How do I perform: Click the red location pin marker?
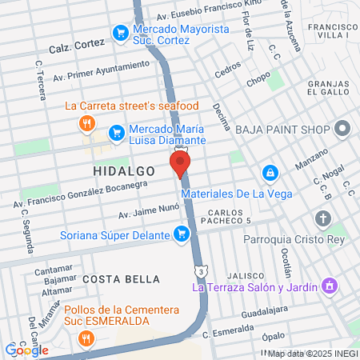click(x=180, y=164)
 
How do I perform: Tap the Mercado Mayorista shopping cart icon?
click(x=121, y=33)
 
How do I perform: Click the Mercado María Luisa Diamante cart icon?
click(x=116, y=131)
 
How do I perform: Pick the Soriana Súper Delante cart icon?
click(x=182, y=234)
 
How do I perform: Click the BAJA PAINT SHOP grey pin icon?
click(x=343, y=128)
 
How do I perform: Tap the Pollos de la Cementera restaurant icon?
click(x=87, y=338)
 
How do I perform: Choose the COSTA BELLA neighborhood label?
click(x=121, y=278)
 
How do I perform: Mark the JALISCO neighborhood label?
click(x=242, y=274)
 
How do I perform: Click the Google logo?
click(x=26, y=350)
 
